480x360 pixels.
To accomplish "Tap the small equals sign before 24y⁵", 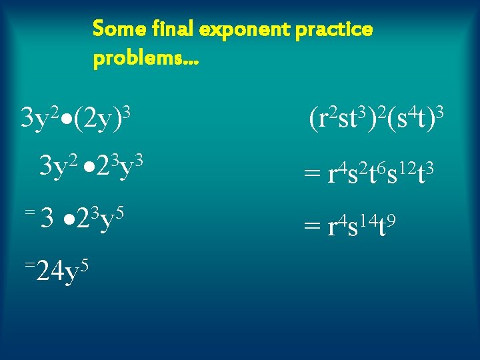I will click(29, 265).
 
